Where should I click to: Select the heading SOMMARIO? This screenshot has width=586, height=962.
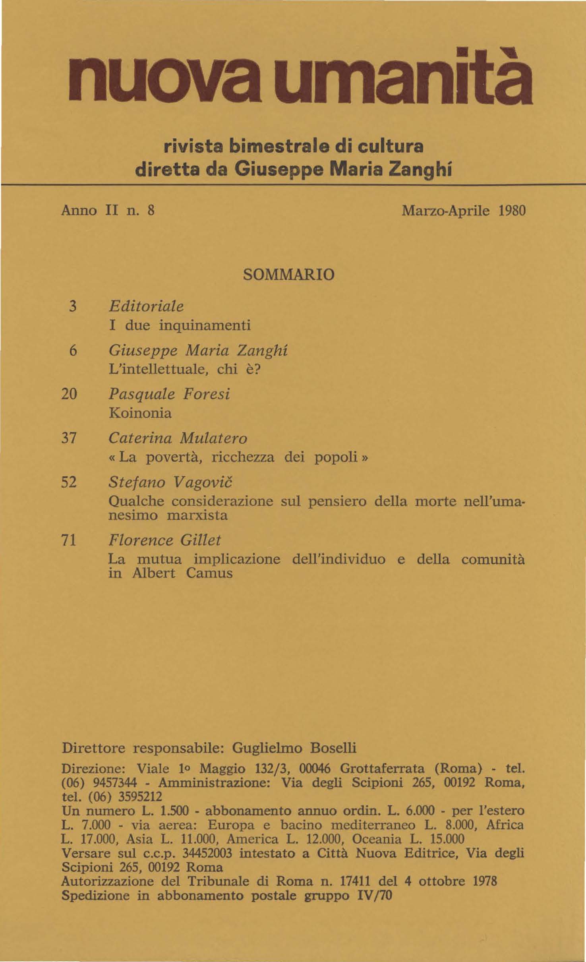(x=288, y=275)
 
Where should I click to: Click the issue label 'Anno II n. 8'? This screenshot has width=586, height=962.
(x=107, y=211)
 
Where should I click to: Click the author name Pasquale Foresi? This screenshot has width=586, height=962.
(x=169, y=395)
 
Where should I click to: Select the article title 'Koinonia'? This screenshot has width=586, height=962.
(x=140, y=413)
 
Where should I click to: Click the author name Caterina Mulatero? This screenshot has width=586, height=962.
(x=178, y=438)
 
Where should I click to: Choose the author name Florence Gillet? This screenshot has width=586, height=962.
(x=164, y=540)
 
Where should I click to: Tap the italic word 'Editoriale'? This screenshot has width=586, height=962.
(x=146, y=306)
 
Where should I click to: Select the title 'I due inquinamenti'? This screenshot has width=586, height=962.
(x=180, y=325)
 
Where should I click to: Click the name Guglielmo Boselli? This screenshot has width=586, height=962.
(x=294, y=748)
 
